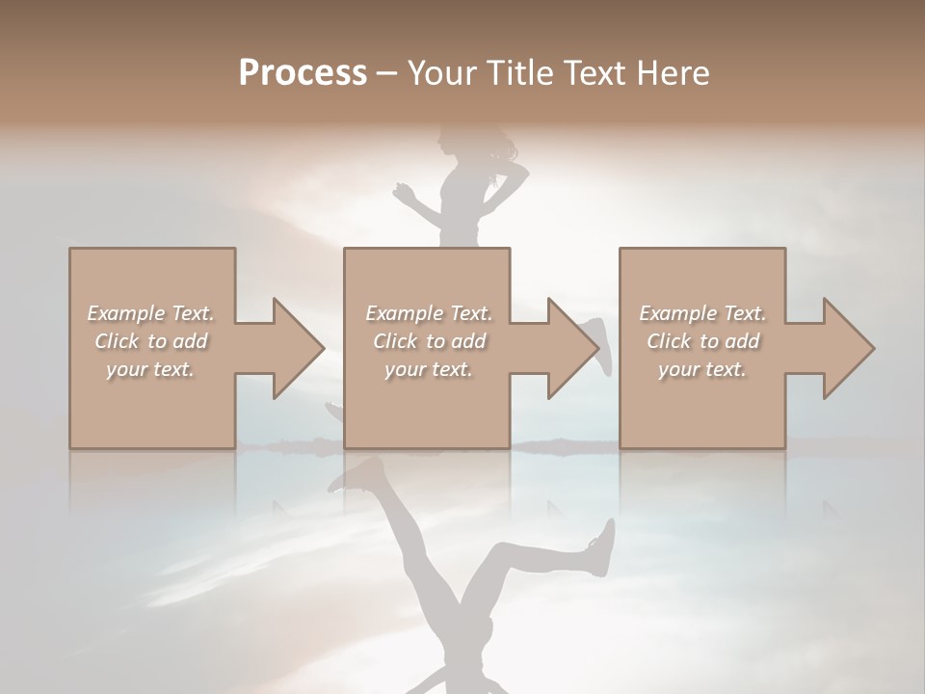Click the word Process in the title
[303, 73]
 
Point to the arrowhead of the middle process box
[572, 348]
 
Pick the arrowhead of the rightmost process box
[848, 348]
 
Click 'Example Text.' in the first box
[150, 313]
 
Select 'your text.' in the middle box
[428, 369]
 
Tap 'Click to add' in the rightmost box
[702, 341]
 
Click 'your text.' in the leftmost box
[150, 369]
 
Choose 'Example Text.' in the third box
[702, 313]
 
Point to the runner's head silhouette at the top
[453, 143]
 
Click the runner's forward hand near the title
[403, 193]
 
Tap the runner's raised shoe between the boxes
[599, 345]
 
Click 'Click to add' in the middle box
[428, 341]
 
